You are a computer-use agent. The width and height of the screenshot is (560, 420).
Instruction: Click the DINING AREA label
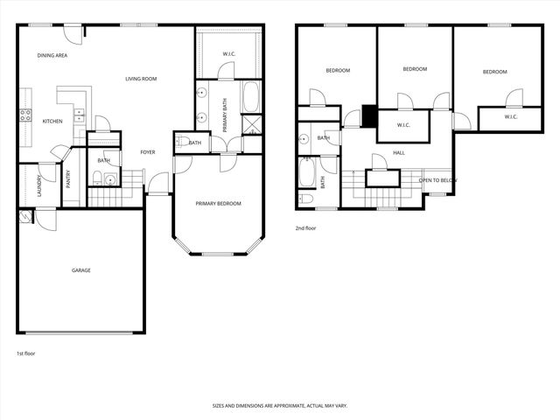tap(52, 56)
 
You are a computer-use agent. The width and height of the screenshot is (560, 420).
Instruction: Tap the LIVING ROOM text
tap(141, 80)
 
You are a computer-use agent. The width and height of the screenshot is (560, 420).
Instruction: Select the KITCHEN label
tap(52, 122)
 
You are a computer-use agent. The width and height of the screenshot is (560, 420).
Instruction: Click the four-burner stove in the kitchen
tap(25, 115)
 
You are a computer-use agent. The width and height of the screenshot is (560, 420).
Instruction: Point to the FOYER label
tap(148, 152)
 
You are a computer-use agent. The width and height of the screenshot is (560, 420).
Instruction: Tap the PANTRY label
tap(68, 178)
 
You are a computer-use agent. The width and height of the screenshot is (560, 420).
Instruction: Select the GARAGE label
tap(80, 270)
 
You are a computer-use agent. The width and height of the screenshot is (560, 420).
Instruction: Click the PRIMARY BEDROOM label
tap(218, 204)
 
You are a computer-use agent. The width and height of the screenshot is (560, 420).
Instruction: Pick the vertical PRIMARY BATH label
tap(225, 116)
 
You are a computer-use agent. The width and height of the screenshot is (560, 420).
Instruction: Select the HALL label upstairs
tap(399, 153)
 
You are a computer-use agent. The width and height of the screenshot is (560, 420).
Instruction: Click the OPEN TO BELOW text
tap(437, 180)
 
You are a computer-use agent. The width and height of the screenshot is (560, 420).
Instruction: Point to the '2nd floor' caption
tap(306, 227)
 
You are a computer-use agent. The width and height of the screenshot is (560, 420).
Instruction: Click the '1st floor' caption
tap(26, 353)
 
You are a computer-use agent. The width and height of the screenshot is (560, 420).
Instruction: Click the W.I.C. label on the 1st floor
tap(228, 54)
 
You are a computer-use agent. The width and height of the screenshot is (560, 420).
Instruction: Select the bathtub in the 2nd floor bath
tap(308, 171)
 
